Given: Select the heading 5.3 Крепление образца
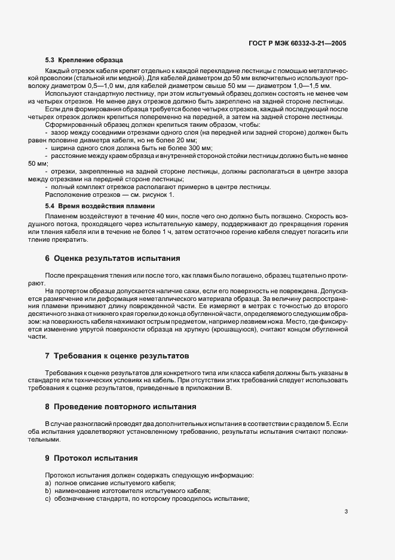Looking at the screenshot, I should (x=84, y=60).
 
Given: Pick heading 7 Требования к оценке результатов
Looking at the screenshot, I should (x=117, y=355).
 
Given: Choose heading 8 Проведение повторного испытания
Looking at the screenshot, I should (x=121, y=407).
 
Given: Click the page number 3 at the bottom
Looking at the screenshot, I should (x=346, y=512).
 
